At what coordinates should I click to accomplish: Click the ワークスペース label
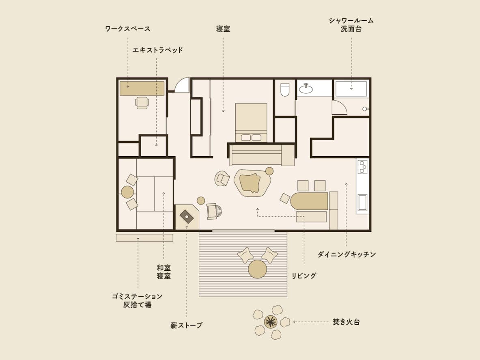click(128, 29)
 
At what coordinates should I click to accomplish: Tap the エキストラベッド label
click(158, 50)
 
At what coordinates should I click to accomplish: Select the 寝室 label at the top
click(223, 29)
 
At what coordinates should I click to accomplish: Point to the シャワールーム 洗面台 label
click(351, 25)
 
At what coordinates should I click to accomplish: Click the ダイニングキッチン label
click(347, 254)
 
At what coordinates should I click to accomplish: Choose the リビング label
click(303, 276)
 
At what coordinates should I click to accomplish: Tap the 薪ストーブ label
click(186, 326)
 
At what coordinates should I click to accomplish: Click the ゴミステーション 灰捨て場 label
click(137, 300)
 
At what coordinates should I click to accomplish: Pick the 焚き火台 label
click(346, 322)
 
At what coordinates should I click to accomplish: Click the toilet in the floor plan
click(285, 90)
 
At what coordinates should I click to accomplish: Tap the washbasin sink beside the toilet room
click(306, 88)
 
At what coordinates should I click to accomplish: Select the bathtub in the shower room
click(351, 89)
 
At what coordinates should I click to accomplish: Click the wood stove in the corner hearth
click(186, 217)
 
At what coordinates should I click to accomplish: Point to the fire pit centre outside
click(271, 322)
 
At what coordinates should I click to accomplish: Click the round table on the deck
click(258, 269)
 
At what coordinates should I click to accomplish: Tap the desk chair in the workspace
click(142, 103)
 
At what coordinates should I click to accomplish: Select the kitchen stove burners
click(363, 167)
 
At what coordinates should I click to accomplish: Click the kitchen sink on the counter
click(362, 203)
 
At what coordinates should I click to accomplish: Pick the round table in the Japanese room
click(127, 192)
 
